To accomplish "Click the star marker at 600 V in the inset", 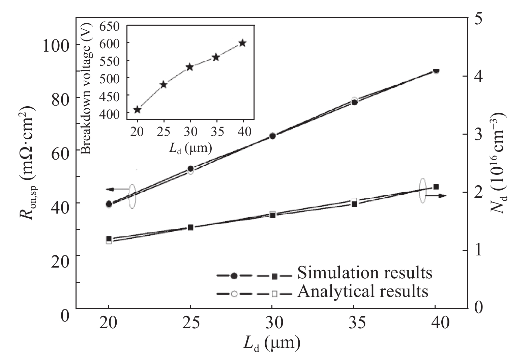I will (242, 43).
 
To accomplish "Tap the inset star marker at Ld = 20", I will (137, 109).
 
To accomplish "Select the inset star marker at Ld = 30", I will (190, 67).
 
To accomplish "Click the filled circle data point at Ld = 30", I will (273, 136).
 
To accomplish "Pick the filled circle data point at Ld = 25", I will (190, 168).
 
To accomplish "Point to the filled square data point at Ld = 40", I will (436, 187).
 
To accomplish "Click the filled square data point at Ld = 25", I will (190, 227).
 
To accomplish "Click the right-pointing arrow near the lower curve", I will (436, 196).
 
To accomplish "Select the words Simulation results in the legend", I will (364, 273).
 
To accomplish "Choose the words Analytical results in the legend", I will (363, 291).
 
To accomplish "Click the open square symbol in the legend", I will (274, 294).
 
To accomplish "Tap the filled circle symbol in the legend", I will (235, 276).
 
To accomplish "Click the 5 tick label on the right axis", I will (478, 18).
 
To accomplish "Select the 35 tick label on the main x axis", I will (354, 323).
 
